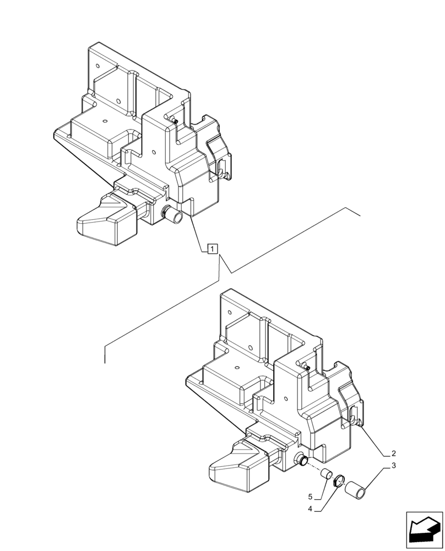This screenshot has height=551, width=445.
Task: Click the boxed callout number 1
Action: [213, 249]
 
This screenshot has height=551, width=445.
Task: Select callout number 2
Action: [394, 454]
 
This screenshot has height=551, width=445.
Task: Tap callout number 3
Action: [394, 467]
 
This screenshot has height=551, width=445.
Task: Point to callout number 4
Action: [311, 509]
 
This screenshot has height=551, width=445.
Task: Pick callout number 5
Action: [311, 496]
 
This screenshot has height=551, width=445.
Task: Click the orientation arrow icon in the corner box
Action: [424, 530]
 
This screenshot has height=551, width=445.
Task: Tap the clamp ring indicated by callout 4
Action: [340, 481]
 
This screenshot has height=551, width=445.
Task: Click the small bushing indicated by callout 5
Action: [326, 473]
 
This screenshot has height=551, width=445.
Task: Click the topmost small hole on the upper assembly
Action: [97, 66]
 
